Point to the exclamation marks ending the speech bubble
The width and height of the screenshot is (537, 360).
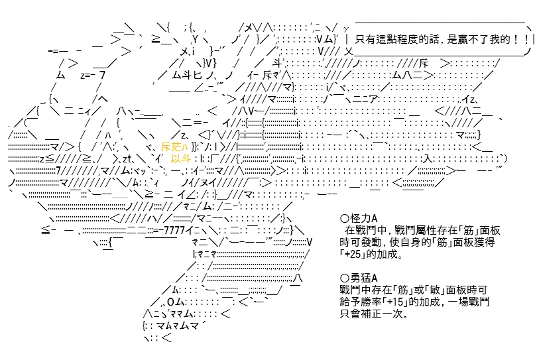coord(522,39)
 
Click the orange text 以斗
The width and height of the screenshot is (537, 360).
coord(180,158)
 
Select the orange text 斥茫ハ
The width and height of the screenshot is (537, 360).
coord(174,147)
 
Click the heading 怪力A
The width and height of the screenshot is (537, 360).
coord(364,219)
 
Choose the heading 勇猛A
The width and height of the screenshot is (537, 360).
coord(364,278)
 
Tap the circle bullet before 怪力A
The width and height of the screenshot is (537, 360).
coord(345,219)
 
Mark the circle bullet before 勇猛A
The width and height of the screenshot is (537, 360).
coord(345,278)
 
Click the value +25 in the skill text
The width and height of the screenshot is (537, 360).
coord(353,254)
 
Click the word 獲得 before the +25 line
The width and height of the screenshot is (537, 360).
coord(485,242)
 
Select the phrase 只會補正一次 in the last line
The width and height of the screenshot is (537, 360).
coord(371,314)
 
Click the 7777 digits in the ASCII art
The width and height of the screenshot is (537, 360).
coord(174,230)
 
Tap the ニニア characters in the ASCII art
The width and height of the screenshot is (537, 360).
coord(365,99)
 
